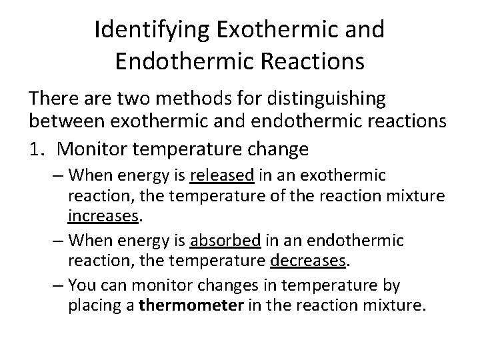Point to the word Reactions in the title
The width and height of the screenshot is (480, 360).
(x=309, y=61)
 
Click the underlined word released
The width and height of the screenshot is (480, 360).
(x=222, y=176)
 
